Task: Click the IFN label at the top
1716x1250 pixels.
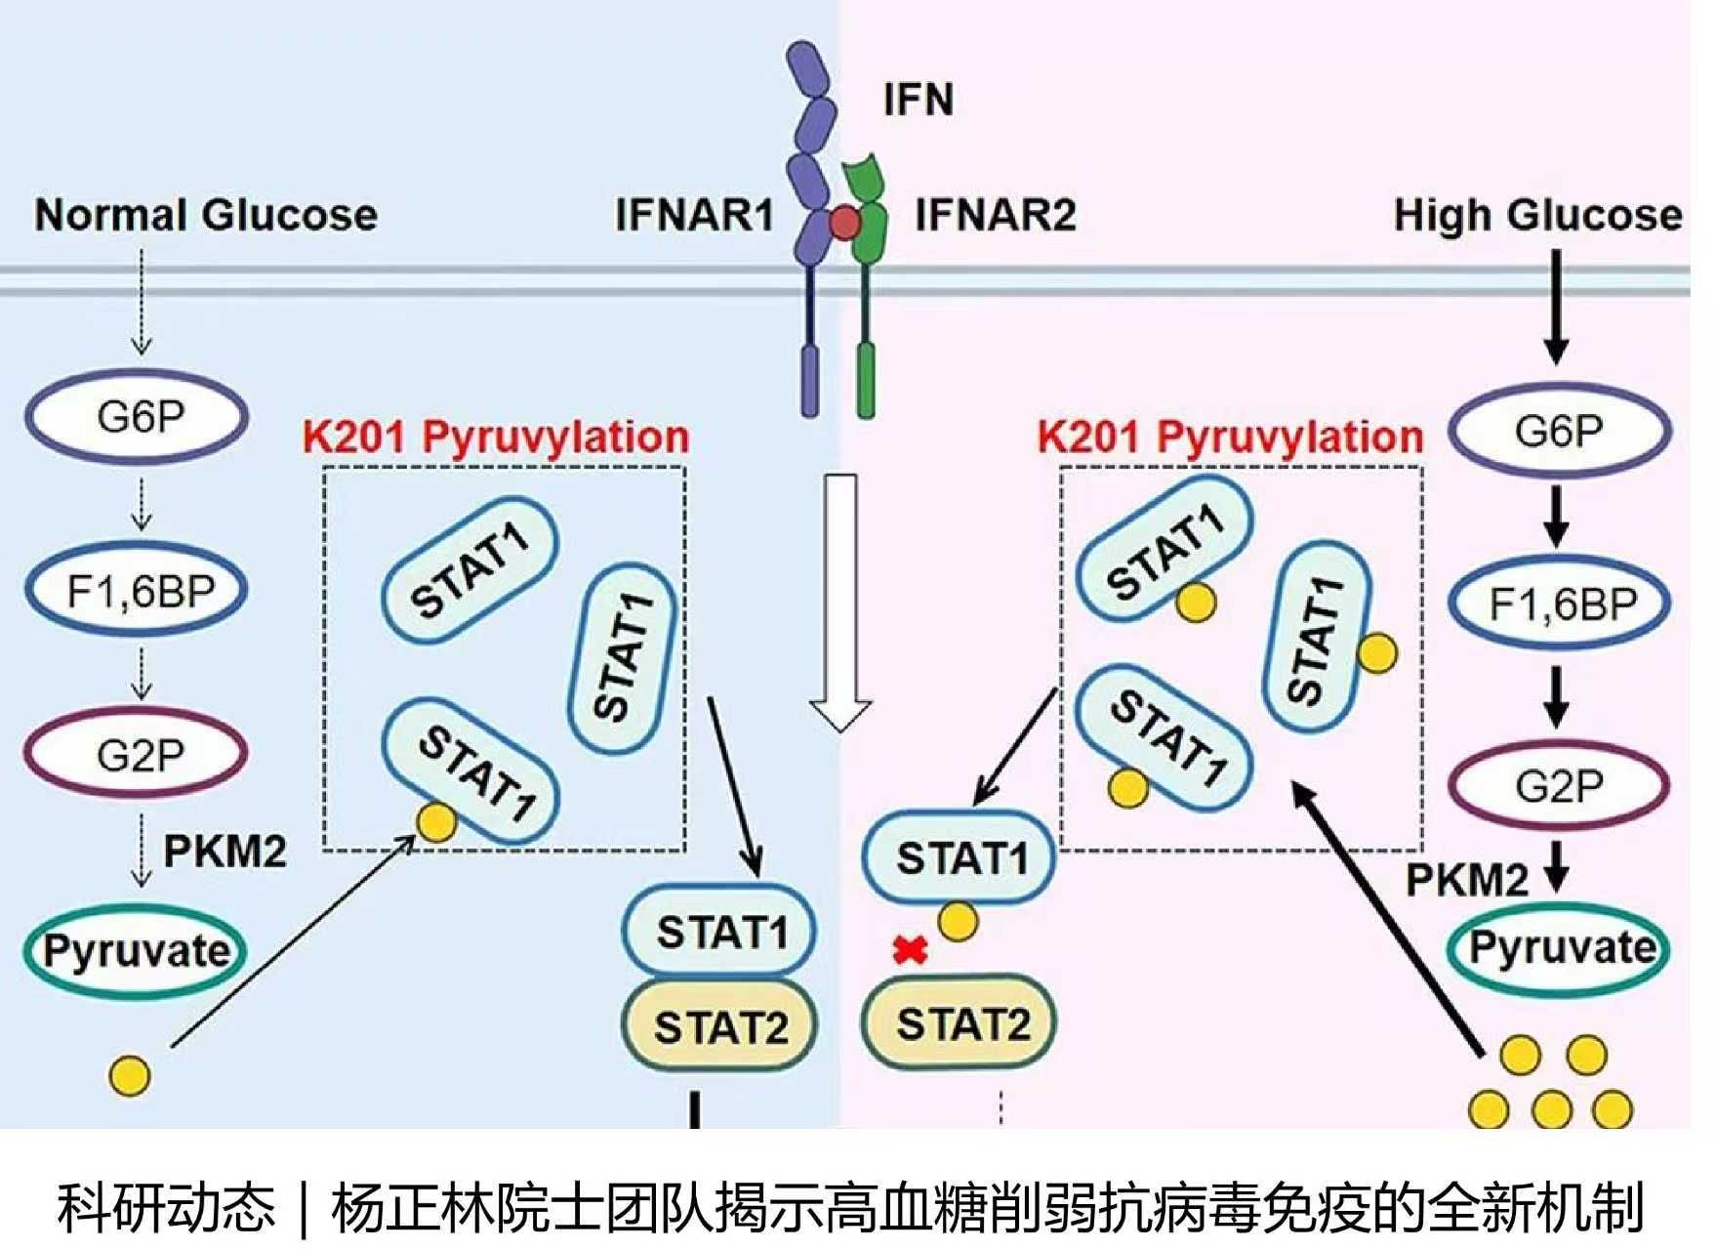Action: (x=918, y=100)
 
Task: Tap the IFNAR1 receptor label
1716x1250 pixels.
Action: (x=694, y=215)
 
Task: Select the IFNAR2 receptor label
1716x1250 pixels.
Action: (x=995, y=215)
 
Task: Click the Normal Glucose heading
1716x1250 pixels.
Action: (x=206, y=215)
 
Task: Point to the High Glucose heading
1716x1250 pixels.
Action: (x=1537, y=215)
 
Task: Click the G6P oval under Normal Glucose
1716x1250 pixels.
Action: (x=138, y=417)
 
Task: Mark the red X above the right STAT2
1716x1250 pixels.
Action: (x=910, y=949)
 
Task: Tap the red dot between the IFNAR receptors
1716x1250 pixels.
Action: (x=844, y=224)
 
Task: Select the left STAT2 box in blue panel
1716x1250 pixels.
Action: (x=719, y=1026)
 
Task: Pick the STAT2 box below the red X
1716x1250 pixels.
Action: (x=960, y=1023)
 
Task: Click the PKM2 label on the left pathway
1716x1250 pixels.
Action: (x=225, y=852)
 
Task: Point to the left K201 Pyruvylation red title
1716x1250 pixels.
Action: (x=496, y=437)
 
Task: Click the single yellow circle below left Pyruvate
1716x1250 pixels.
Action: (x=130, y=1075)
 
